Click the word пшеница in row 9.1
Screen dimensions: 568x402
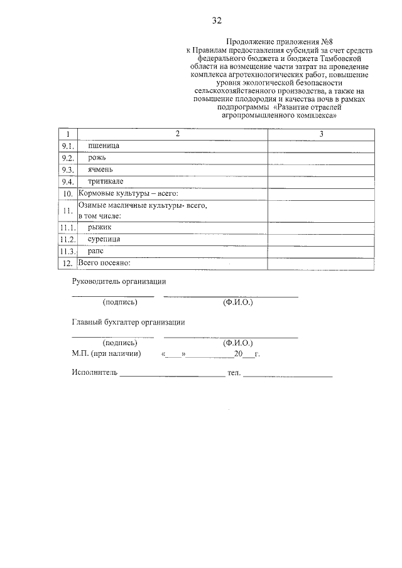(x=104, y=146)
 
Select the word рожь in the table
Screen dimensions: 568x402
(x=97, y=158)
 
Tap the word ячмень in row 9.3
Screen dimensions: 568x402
(x=100, y=169)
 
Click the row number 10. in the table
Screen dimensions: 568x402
(x=68, y=194)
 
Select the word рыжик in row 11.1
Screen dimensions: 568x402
(x=99, y=227)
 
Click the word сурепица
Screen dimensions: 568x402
(x=104, y=239)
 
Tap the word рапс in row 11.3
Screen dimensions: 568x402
(x=96, y=251)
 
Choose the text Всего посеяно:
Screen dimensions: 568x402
(x=104, y=262)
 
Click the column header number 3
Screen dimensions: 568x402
(x=321, y=134)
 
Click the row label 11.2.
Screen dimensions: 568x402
(x=67, y=239)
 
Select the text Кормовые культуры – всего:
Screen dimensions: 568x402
(x=128, y=193)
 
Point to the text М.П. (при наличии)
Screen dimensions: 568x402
(x=106, y=354)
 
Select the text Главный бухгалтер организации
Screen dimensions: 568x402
(x=128, y=323)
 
